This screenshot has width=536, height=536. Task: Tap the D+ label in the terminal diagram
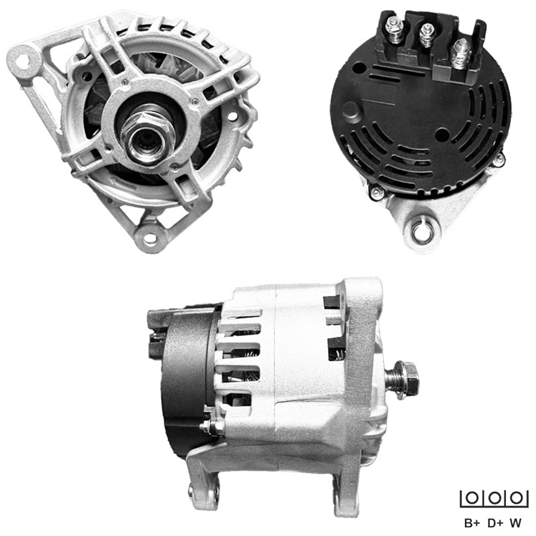pos(495,522)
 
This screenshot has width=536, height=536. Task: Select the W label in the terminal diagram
pos(516,522)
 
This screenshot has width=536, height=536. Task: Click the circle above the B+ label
pos(472,498)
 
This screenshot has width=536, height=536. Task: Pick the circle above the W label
pos(516,498)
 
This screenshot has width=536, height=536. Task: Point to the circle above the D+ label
pos(494,498)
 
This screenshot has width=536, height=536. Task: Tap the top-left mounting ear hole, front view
pos(22,56)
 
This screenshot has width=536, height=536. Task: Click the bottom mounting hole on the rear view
pos(422,232)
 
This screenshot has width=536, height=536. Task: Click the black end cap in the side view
pos(185,381)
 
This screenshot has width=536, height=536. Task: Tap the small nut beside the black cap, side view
pos(212,427)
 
